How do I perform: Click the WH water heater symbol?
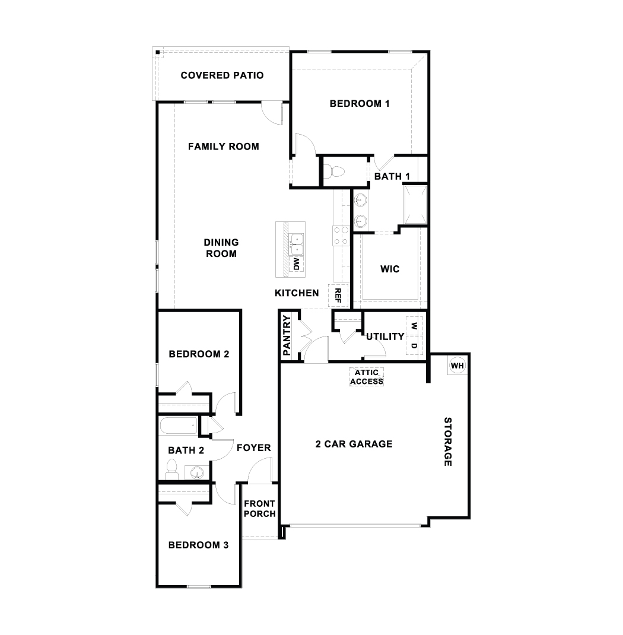456,366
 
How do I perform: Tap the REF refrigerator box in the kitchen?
338,295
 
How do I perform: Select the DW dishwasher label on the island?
297,263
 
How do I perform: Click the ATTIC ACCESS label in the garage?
367,377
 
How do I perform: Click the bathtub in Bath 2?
179,426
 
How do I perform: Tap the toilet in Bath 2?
172,468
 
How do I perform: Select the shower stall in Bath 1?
415,205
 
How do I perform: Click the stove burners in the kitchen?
341,236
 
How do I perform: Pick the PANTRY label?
287,335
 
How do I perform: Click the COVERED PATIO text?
222,75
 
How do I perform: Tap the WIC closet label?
389,269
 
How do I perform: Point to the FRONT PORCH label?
259,509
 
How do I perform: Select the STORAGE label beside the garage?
449,442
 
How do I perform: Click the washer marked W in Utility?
414,326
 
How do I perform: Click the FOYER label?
253,447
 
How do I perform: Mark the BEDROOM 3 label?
198,545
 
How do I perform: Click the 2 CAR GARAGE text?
354,443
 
